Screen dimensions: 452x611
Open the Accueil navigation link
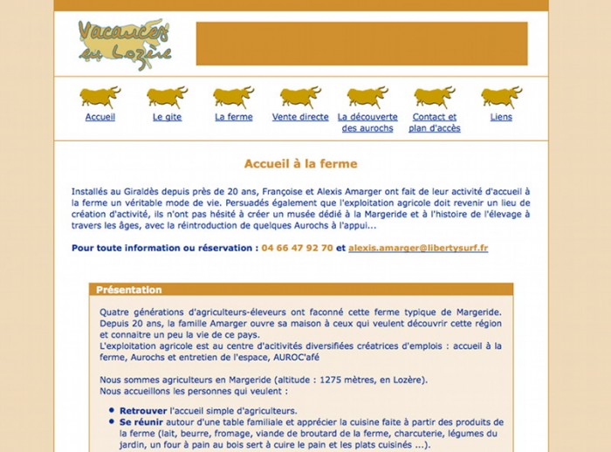[100, 117]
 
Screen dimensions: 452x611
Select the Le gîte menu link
[167, 117]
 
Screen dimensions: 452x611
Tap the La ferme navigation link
[234, 117]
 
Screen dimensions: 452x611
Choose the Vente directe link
[300, 117]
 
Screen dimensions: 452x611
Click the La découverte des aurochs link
[367, 122]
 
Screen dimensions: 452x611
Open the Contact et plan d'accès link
[434, 122]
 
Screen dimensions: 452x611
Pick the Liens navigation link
[501, 117]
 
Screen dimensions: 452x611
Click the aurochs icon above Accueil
[100, 96]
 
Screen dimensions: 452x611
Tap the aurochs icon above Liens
[501, 96]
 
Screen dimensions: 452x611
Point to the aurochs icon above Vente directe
[300, 96]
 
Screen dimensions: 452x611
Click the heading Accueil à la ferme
[300, 163]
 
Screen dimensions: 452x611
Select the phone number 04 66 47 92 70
[297, 248]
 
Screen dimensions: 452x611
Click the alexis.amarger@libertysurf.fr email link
[418, 248]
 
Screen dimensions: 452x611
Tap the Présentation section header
[129, 290]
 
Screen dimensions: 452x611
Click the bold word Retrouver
[144, 410]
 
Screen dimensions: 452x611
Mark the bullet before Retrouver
[113, 410]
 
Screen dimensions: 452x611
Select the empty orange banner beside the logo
[361, 44]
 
